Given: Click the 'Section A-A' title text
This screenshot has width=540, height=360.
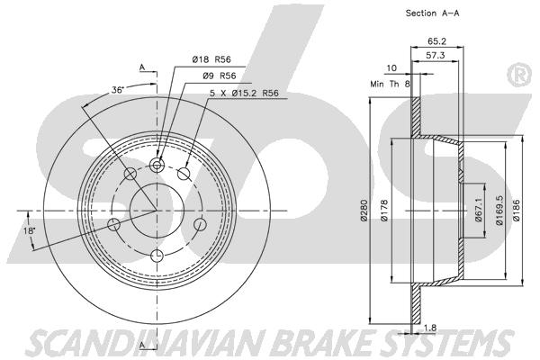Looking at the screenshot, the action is tap(432, 13).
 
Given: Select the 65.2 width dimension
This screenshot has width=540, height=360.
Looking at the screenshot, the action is tap(436, 41).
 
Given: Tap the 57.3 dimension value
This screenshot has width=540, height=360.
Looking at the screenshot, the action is tap(436, 55).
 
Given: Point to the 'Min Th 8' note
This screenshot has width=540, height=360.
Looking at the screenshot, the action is tap(390, 84).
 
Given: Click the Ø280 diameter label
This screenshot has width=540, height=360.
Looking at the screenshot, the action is tap(364, 210).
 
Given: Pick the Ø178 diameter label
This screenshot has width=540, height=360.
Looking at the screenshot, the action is tap(384, 210).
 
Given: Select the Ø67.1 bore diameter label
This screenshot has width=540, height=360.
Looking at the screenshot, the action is tap(478, 210).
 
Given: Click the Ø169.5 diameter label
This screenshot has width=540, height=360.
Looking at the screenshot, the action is tap(499, 210).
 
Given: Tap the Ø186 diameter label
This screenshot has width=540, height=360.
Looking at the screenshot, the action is tap(517, 210).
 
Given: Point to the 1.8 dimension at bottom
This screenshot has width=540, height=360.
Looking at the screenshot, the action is tap(430, 328).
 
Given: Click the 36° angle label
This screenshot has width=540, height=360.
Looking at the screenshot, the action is tap(117, 90).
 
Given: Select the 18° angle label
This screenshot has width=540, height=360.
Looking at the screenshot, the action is tap(30, 230).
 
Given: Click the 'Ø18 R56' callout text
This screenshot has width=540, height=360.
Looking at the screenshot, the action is tap(211, 59).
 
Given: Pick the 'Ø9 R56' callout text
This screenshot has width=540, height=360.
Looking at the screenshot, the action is tap(220, 76).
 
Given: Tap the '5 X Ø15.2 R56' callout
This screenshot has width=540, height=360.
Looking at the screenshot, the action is tap(244, 93).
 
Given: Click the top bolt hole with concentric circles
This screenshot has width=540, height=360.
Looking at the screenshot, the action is tap(157, 165).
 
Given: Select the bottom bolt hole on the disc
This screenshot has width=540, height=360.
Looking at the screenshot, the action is tap(157, 256).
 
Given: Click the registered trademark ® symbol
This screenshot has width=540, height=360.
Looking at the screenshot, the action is tap(519, 75).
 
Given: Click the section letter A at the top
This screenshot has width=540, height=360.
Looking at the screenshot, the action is tap(142, 67).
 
